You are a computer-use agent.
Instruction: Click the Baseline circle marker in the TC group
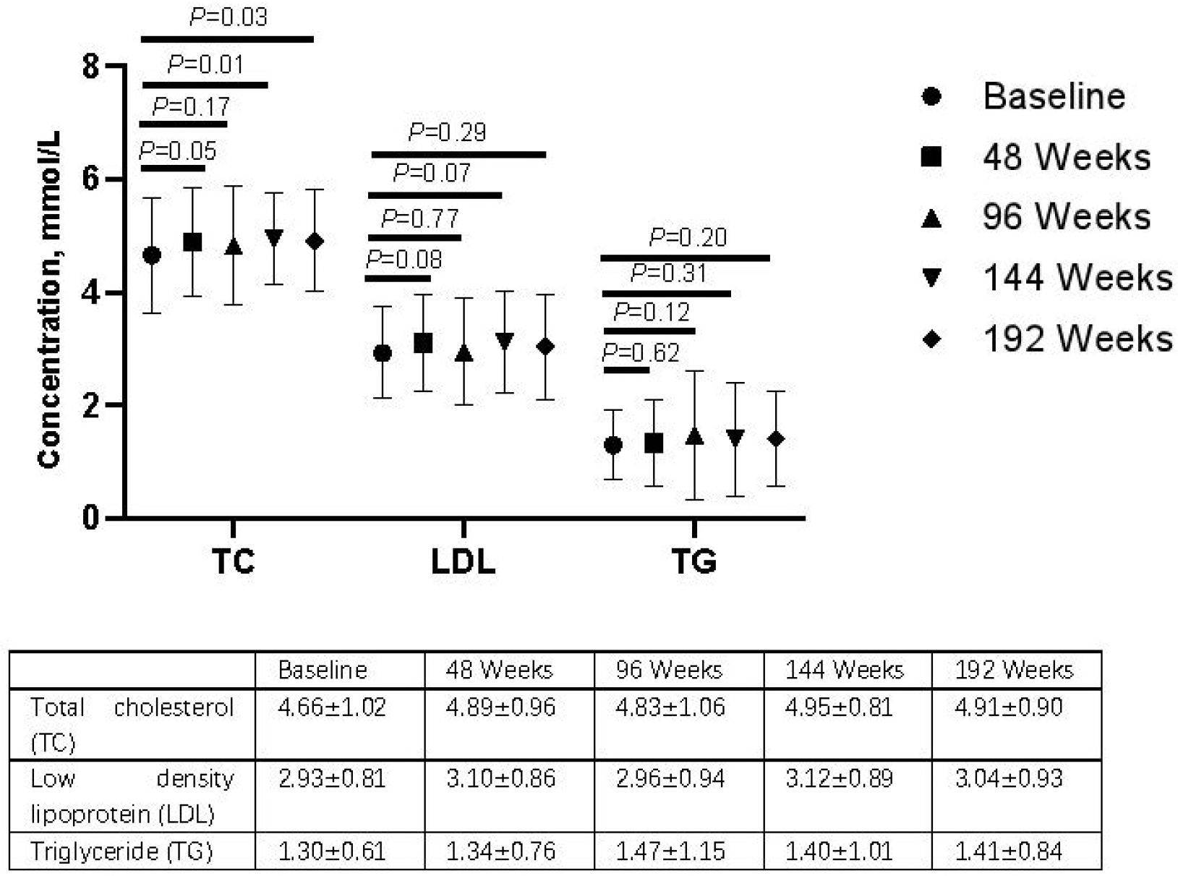[152, 255]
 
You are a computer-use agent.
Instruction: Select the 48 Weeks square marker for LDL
[423, 343]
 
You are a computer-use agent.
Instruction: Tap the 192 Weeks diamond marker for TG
[776, 439]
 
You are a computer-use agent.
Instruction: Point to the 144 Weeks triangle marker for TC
[273, 237]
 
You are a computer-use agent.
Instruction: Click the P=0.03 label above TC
[229, 17]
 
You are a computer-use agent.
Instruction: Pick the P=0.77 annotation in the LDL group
[420, 218]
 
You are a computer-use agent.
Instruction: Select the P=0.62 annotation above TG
[641, 352]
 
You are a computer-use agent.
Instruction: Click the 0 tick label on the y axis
[91, 518]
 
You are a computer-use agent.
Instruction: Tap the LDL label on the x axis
[463, 561]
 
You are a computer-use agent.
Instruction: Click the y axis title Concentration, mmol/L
[49, 299]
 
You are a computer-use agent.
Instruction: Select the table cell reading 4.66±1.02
[332, 707]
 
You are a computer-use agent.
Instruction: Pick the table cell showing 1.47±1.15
[670, 851]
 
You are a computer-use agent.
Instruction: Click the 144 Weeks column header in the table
[845, 670]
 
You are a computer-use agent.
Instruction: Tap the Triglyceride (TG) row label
[121, 851]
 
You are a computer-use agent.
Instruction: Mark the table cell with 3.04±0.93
[1009, 778]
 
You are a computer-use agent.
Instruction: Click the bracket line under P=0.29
[458, 154]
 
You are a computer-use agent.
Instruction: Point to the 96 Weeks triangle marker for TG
[694, 436]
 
